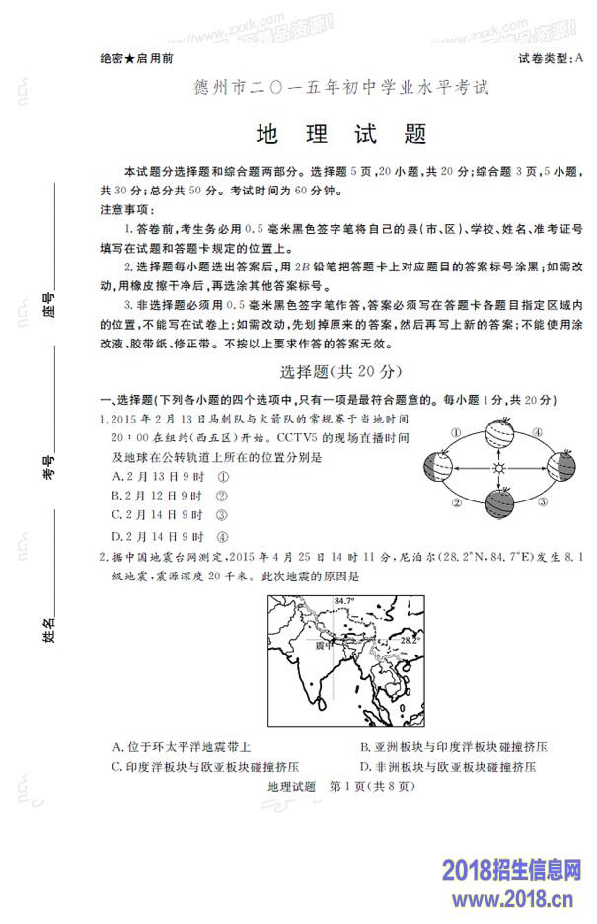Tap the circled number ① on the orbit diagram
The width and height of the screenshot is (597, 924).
(456, 432)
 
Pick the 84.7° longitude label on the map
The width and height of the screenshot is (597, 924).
(343, 600)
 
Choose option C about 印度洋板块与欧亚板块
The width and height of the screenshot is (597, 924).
(205, 766)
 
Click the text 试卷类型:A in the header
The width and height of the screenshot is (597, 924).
(550, 59)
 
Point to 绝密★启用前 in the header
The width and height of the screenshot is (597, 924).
(137, 59)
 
